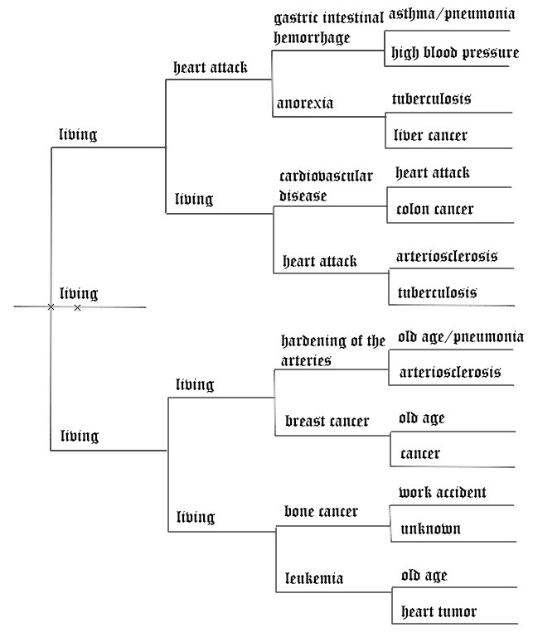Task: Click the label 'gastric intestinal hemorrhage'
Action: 328,27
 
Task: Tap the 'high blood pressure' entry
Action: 455,53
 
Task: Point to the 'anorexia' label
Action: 305,104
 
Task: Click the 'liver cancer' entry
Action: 429,135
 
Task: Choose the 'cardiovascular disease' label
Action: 326,186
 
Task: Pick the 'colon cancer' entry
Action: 434,209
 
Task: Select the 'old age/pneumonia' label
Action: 460,336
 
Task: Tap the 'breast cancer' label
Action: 327,422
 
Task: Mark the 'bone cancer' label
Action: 321,512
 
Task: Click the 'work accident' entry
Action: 442,492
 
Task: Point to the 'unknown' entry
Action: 429,528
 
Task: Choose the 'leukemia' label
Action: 313,578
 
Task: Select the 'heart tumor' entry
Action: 439,612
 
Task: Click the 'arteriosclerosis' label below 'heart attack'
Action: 447,256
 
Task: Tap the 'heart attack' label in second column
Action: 210,68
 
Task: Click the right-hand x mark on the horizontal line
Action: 77,307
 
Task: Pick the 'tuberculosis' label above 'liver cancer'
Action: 431,99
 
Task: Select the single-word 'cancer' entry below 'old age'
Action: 419,454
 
